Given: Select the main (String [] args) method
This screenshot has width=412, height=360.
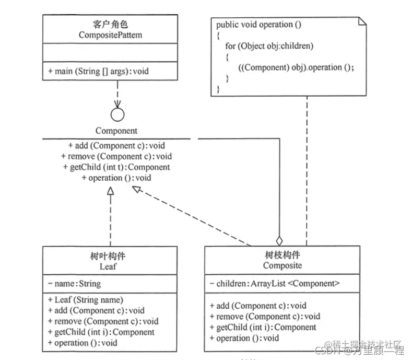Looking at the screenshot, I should pos(98,71).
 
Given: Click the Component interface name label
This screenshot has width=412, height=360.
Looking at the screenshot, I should pos(116,131).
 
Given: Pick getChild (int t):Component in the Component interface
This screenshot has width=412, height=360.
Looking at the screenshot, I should pos(116,167).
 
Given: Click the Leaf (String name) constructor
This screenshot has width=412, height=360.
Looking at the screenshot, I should pos(85,300).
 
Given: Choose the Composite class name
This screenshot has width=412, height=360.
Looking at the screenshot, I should pos(282,265).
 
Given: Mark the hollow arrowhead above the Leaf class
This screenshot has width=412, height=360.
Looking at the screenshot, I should pos(110,192).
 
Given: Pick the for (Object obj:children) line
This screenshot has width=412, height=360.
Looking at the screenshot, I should pos(269,46).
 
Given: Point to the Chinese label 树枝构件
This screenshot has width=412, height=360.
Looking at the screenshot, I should pos(282,256).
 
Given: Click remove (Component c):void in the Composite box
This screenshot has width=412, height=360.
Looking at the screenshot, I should pos(265,317).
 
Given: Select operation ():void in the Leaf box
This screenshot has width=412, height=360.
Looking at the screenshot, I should pos(82,343).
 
